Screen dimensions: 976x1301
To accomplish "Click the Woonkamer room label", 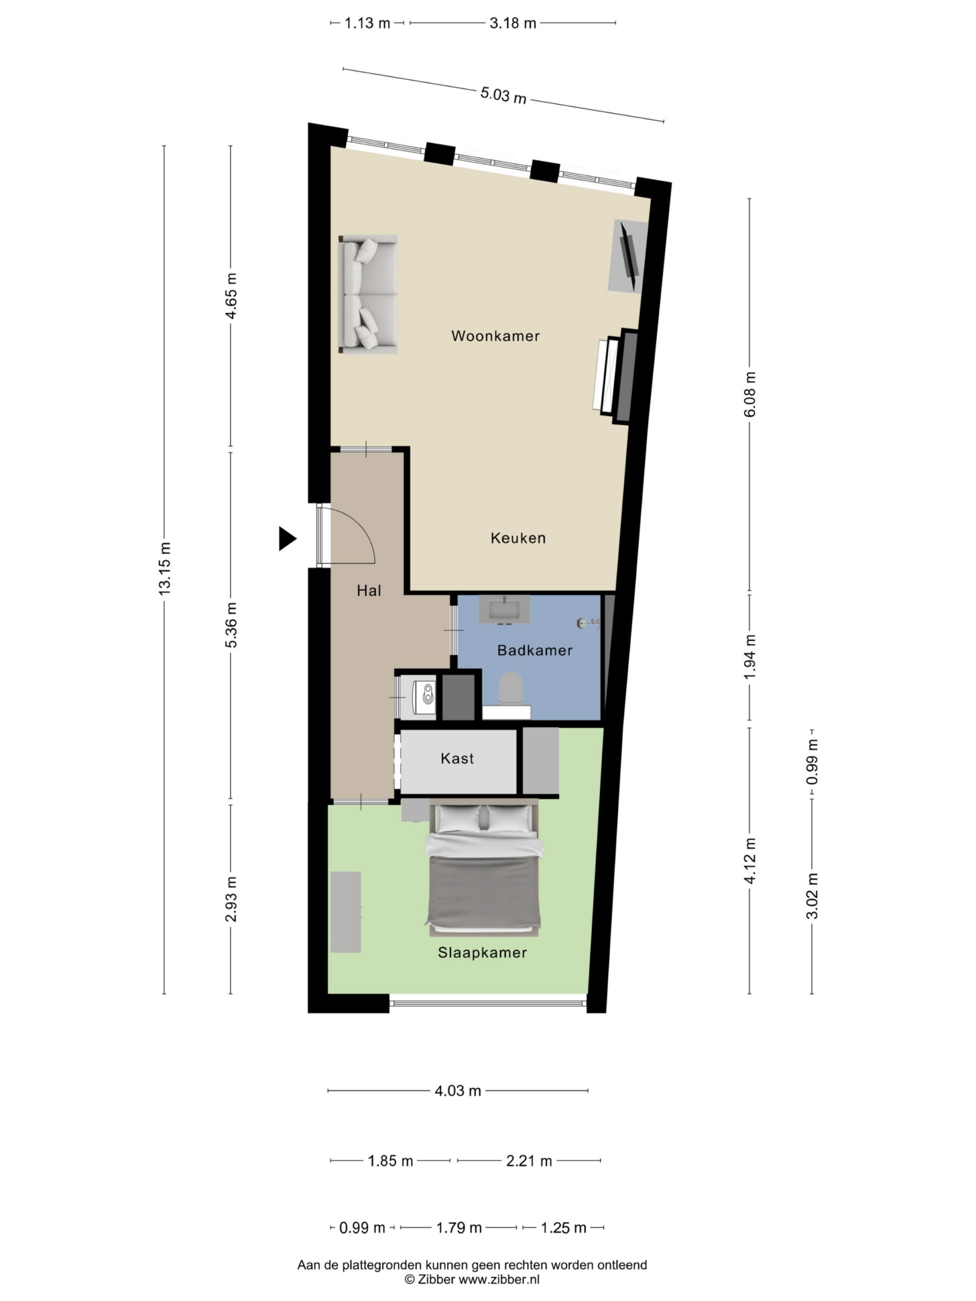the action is click(x=495, y=336).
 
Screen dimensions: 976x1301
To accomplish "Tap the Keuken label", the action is click(x=518, y=538).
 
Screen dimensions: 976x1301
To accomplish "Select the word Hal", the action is click(x=369, y=591).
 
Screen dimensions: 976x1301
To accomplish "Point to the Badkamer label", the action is click(x=534, y=650).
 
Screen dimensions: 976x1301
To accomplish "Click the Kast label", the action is click(x=457, y=758).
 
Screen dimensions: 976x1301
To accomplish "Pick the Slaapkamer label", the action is click(x=482, y=953).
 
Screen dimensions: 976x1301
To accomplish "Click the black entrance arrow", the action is click(x=287, y=538).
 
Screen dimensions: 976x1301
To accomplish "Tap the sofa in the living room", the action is click(x=368, y=294).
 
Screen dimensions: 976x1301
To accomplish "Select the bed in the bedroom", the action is click(x=483, y=867).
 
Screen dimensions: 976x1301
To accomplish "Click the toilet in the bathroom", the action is click(x=510, y=688).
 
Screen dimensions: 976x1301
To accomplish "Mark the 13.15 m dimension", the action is click(x=164, y=569).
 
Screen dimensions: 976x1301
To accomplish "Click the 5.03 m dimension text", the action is click(x=503, y=95).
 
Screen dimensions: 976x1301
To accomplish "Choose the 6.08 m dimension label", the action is click(x=750, y=395).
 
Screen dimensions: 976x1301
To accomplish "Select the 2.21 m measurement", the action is click(x=529, y=1161).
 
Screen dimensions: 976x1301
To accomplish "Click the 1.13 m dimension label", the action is click(x=368, y=23).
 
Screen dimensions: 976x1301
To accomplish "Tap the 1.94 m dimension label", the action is click(x=750, y=657).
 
